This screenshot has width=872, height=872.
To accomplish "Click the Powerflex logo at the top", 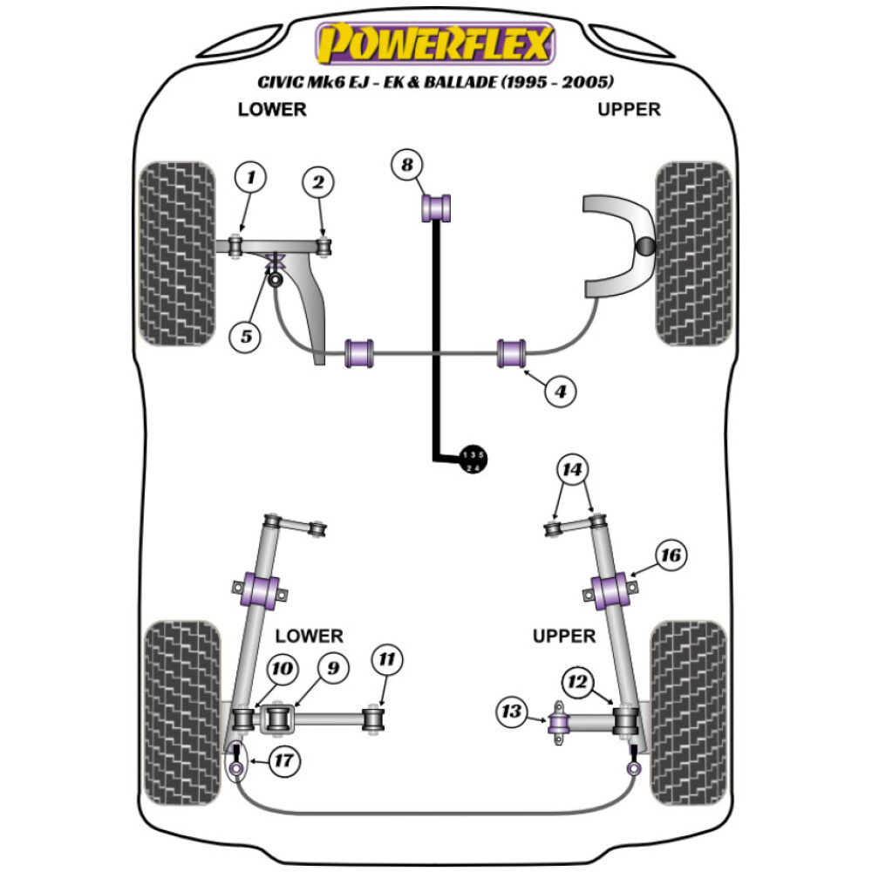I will click(435, 44).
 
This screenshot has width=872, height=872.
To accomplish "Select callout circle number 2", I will click(318, 183).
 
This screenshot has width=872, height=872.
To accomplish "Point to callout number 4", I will click(561, 392).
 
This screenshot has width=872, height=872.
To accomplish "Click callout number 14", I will click(572, 472).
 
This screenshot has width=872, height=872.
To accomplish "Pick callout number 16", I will click(672, 555).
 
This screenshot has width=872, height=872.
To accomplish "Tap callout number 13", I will click(512, 712).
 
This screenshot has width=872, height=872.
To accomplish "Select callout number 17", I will click(283, 761).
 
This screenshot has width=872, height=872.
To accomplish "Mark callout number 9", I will click(334, 669).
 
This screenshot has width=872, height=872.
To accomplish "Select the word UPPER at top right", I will click(629, 109).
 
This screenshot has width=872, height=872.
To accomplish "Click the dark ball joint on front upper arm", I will click(645, 247).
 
